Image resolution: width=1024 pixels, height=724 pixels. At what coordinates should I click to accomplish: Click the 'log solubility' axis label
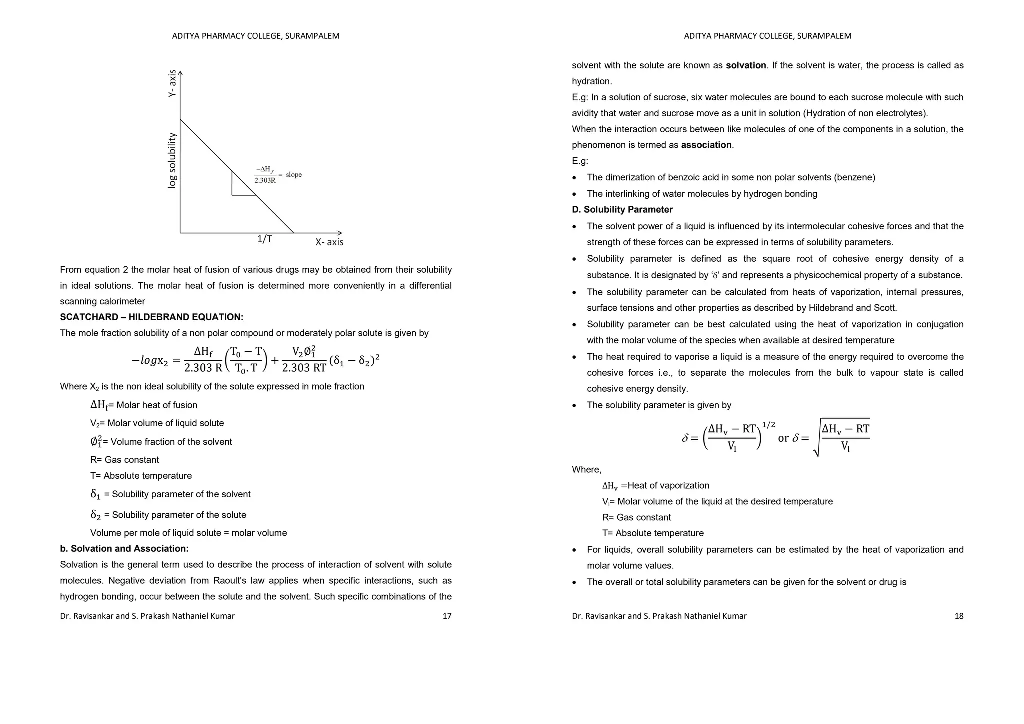[172, 160]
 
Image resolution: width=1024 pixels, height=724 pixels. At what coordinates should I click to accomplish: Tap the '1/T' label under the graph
[264, 239]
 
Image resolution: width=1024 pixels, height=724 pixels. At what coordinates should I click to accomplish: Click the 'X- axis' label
[329, 242]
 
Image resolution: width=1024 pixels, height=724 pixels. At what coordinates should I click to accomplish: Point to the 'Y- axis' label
[172, 83]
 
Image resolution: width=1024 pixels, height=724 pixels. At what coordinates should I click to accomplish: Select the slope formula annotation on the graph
[278, 175]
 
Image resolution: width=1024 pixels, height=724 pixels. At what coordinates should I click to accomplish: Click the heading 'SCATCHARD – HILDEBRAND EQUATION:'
[151, 317]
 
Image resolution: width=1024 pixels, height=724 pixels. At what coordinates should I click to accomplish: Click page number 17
[447, 616]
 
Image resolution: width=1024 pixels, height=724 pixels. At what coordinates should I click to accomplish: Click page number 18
[959, 616]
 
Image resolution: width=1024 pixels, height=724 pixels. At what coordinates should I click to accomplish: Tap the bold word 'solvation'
[746, 65]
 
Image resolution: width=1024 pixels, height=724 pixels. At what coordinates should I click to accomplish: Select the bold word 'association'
[706, 145]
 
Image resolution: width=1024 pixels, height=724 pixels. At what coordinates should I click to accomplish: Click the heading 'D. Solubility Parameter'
[622, 210]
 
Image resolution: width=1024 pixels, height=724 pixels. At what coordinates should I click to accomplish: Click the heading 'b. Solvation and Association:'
[124, 549]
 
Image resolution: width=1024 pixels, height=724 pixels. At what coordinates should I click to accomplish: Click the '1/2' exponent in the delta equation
[768, 425]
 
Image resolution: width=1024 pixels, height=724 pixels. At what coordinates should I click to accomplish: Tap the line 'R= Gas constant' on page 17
[124, 460]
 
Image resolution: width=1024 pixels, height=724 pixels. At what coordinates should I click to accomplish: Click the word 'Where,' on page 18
[587, 470]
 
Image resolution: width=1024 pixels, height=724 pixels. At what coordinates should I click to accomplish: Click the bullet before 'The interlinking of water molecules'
[575, 194]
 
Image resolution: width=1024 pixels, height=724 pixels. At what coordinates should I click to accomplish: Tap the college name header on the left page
[255, 36]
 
